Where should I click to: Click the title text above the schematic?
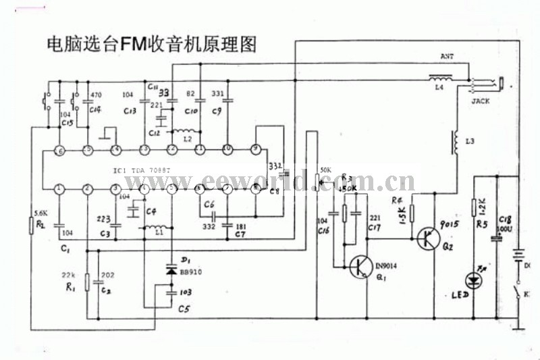pyautogui.click(x=151, y=45)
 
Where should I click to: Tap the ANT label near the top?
pyautogui.click(x=447, y=57)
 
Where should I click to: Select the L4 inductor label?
pyautogui.click(x=439, y=88)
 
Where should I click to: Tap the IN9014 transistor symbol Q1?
pyautogui.click(x=358, y=267)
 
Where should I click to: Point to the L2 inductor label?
pyautogui.click(x=196, y=138)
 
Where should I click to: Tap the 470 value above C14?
pyautogui.click(x=96, y=95)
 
